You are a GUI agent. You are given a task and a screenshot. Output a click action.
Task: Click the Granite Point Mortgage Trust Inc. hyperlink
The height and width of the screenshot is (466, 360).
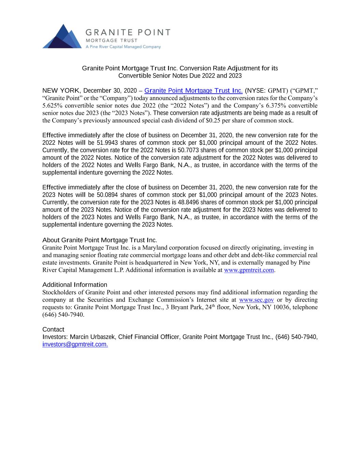[193, 91]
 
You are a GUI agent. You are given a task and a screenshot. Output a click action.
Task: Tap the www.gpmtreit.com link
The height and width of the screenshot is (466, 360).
[249, 270]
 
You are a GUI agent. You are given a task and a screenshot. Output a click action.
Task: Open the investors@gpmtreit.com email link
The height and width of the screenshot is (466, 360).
[75, 345]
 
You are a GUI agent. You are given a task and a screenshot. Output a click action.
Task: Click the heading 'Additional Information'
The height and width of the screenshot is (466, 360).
[75, 285]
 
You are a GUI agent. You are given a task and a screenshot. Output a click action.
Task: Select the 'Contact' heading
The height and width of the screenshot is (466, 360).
[53, 329]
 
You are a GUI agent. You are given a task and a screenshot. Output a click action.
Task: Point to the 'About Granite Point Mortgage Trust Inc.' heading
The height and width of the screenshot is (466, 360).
[99, 240]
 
